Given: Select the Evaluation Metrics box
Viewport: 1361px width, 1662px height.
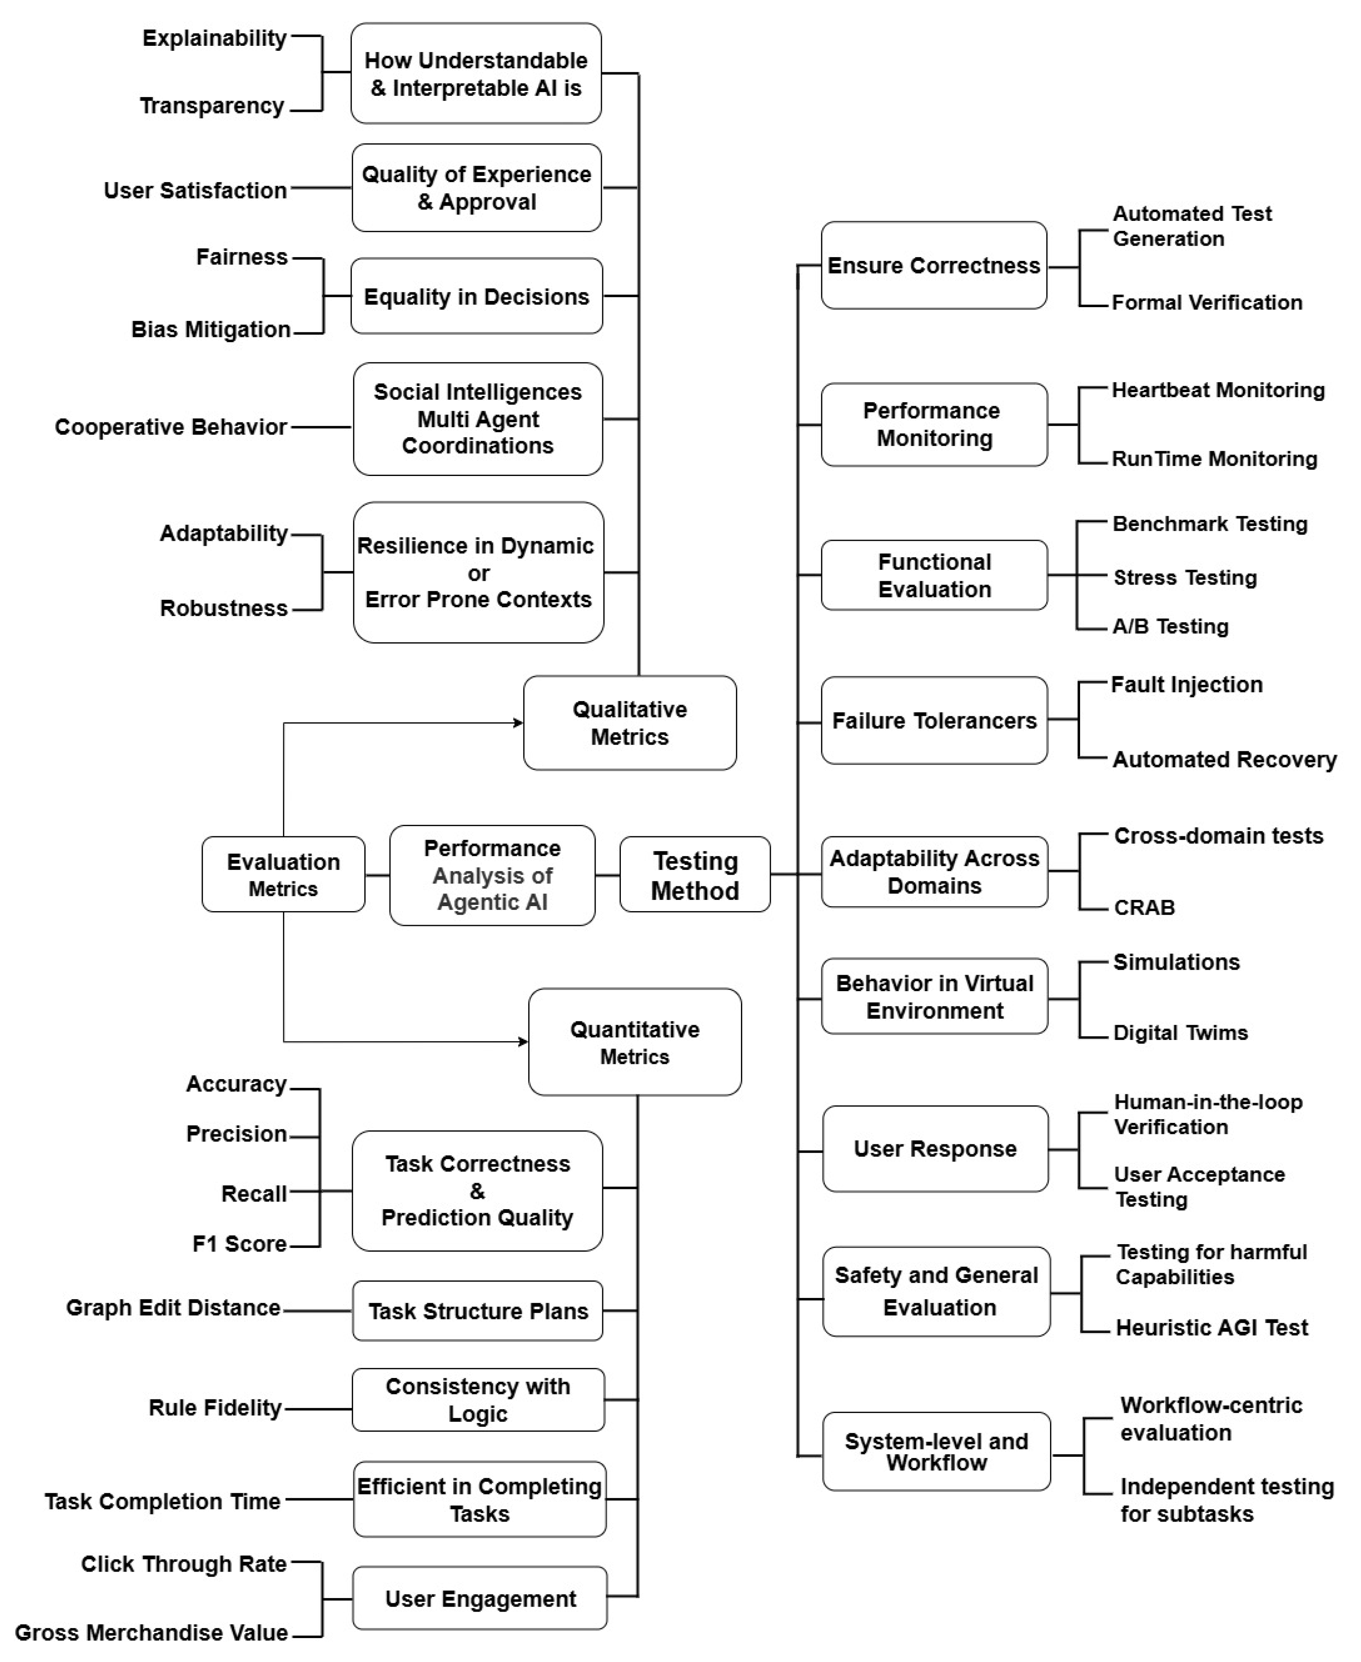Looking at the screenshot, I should click(283, 874).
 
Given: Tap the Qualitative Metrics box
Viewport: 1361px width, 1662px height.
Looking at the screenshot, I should click(629, 722).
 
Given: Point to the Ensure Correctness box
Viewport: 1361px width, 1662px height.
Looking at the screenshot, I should click(934, 265).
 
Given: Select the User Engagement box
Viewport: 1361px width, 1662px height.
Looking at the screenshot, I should click(480, 1598).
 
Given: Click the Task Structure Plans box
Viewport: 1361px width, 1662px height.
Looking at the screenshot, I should click(477, 1311).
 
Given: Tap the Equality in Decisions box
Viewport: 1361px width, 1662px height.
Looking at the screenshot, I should click(477, 296).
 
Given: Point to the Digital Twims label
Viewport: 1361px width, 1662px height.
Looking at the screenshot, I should click(1180, 1033).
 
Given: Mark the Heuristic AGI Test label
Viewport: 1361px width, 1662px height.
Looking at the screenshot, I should click(1211, 1327).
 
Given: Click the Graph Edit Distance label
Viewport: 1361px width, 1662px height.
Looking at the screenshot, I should click(173, 1308).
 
